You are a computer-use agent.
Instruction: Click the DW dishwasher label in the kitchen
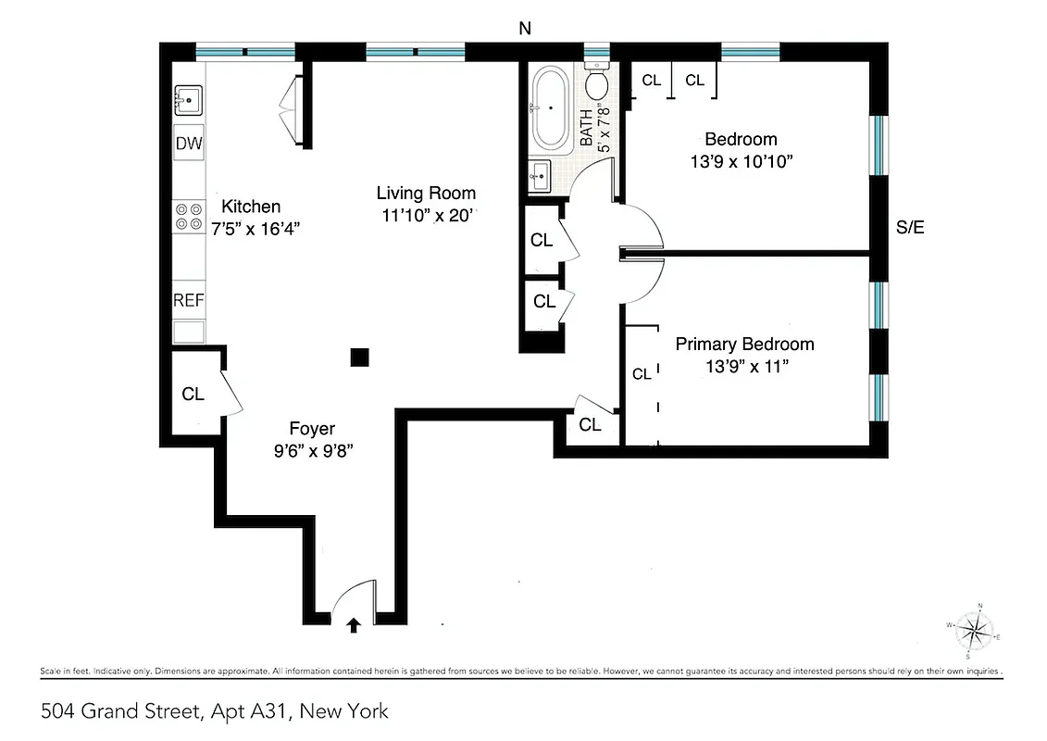189,144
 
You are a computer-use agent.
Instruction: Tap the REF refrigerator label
189,300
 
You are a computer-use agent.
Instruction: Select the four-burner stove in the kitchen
189,217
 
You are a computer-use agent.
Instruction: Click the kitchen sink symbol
189,98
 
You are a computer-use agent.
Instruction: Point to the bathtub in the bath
550,108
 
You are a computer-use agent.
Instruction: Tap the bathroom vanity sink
541,175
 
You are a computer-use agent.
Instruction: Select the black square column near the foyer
360,357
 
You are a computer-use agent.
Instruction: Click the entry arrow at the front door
353,625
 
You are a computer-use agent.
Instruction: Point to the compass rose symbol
972,632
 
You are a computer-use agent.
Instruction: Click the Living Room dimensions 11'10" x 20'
426,215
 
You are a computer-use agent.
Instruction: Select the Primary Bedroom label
744,345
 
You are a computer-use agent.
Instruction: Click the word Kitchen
250,207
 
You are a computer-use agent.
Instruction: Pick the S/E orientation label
910,228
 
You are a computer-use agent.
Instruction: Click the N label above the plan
525,29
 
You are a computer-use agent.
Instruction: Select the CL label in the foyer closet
193,394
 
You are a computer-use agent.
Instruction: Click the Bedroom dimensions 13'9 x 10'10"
741,161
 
